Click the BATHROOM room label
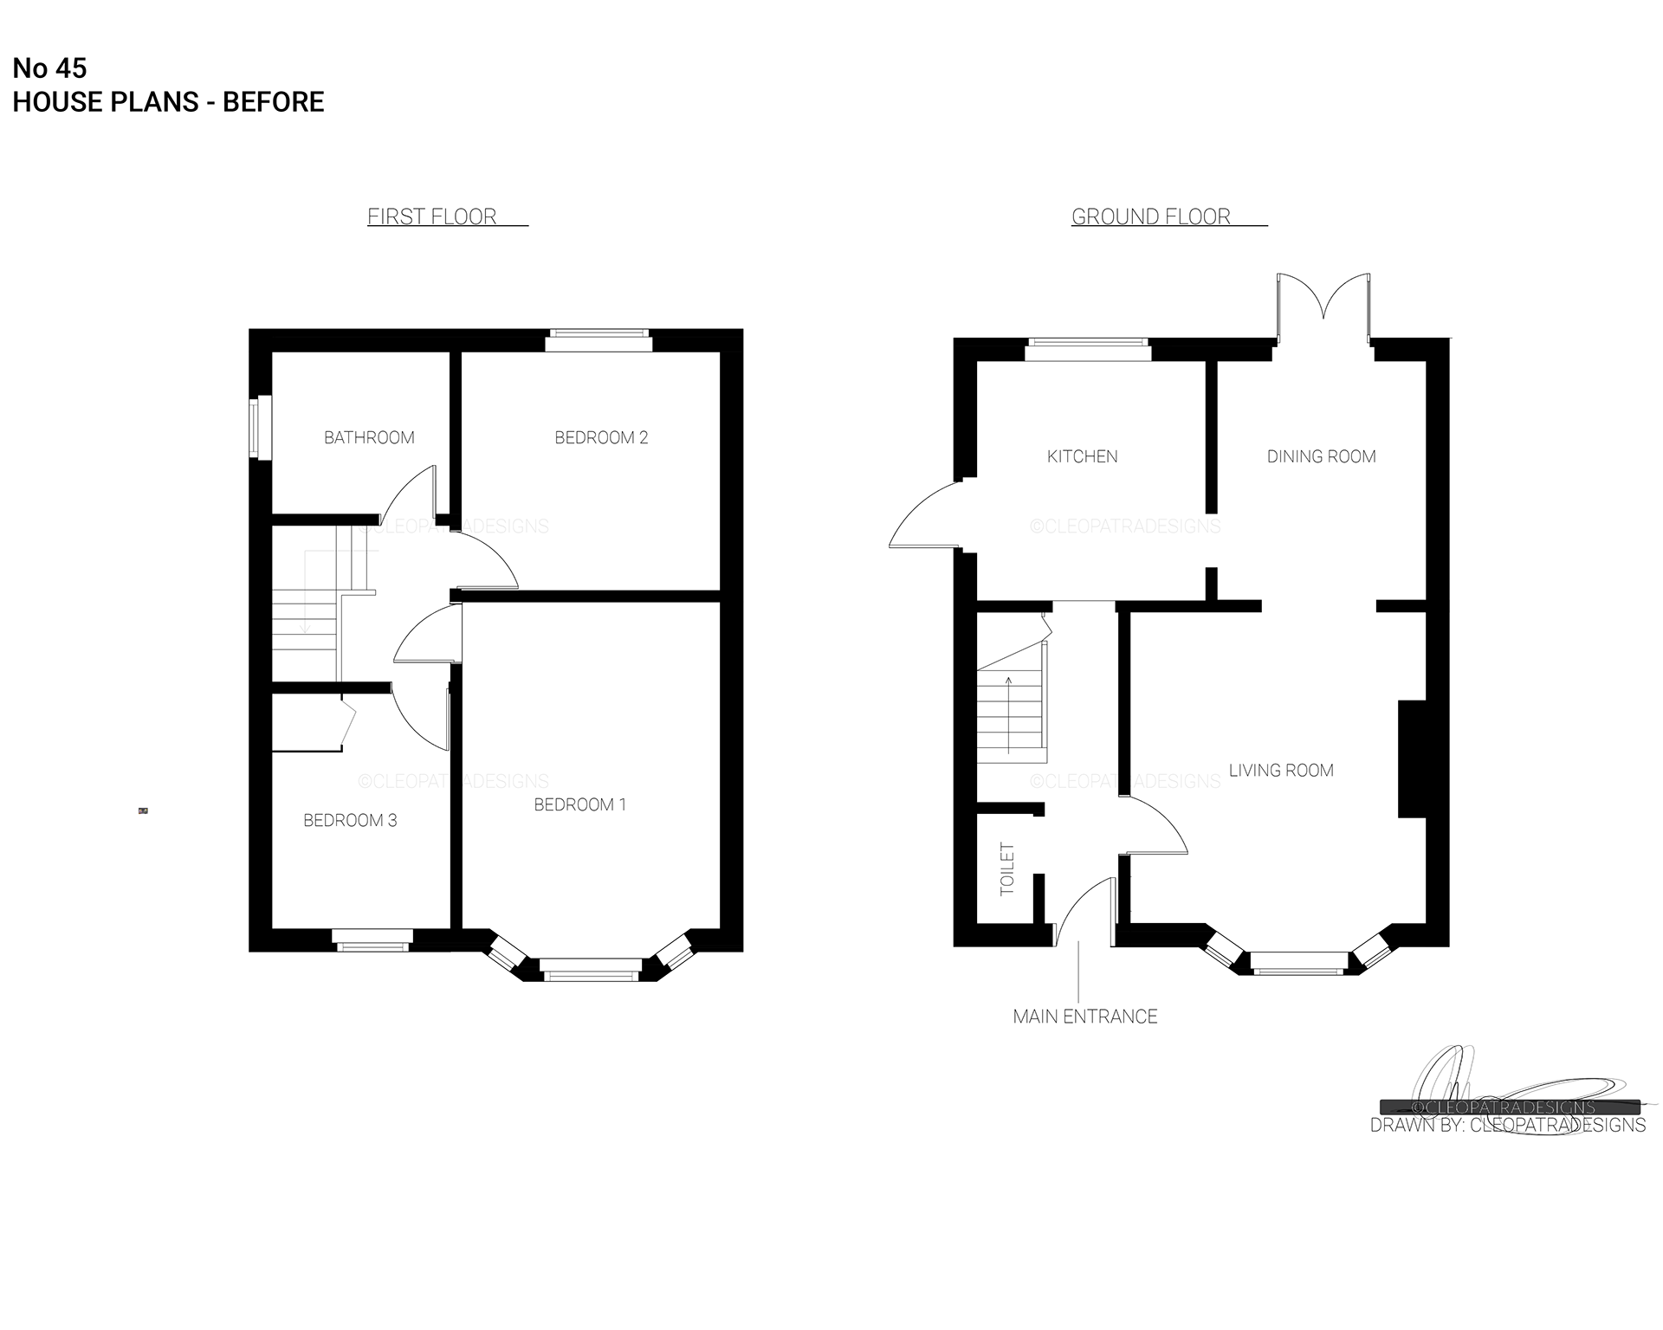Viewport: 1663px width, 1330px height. [x=369, y=437]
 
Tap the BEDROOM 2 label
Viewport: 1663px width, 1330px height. [x=601, y=437]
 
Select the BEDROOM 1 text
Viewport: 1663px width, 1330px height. [x=579, y=804]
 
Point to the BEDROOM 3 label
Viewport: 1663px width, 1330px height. [x=350, y=820]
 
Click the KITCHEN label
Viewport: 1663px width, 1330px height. [x=1082, y=456]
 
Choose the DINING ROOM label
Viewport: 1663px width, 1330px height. [x=1321, y=456]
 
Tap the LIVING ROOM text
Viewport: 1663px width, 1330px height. [x=1281, y=770]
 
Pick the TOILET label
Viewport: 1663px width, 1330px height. [x=1007, y=868]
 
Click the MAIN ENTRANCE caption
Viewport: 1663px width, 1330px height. [x=1085, y=1017]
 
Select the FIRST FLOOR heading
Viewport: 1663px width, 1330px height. [x=432, y=216]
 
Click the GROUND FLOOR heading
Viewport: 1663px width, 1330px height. [x=1151, y=216]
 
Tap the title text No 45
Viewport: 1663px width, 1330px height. [x=49, y=68]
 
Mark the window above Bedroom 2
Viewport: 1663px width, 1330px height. [x=598, y=340]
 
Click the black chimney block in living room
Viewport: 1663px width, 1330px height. [x=1412, y=759]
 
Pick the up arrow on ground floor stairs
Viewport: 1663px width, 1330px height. [x=1009, y=715]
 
